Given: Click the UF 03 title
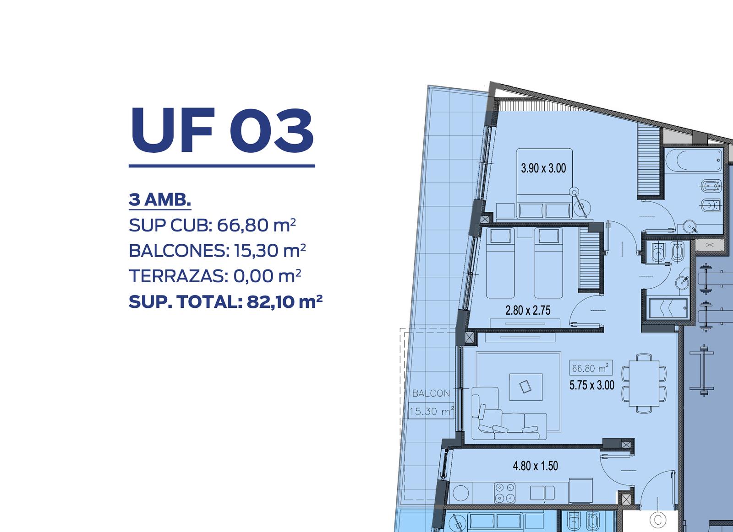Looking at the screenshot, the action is tap(222, 130).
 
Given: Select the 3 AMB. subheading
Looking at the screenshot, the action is tap(160, 199).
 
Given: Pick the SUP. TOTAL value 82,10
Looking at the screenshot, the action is tap(270, 301).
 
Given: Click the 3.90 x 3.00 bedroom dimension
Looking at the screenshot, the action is tap(543, 168).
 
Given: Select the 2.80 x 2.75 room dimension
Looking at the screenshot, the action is tap(528, 310).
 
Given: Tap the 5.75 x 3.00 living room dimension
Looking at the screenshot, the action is tap(592, 385).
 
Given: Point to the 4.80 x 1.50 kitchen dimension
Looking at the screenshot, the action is tap(536, 466).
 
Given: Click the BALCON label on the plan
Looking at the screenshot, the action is tap(431, 393).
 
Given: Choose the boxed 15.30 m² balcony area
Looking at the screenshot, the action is tap(431, 411).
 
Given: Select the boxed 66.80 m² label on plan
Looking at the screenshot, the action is tap(591, 368).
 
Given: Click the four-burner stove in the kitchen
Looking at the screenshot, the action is tap(504, 493).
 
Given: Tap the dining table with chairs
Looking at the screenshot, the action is tap(644, 383).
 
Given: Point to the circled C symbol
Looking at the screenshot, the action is tap(658, 520).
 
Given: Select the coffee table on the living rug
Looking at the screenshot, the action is tap(525, 387).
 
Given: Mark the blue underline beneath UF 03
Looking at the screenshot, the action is tap(222, 166).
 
